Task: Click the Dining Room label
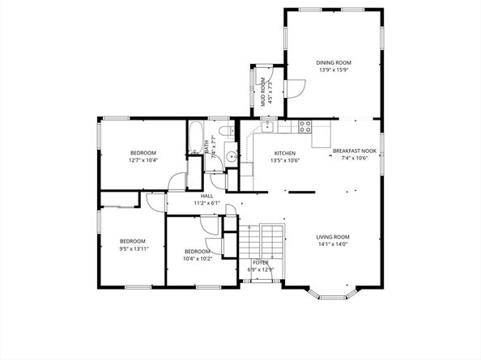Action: point(333,62)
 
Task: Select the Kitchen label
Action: point(284,153)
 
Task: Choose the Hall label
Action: point(206,196)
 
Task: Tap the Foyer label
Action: point(260,263)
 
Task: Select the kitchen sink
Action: point(267,127)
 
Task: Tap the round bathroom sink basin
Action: point(230,157)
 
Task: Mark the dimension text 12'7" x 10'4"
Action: point(143,160)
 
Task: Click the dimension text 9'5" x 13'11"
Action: point(132,248)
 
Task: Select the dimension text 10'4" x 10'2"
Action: point(197,259)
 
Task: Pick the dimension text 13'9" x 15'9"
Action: point(333,70)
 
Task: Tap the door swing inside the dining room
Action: point(296,85)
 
